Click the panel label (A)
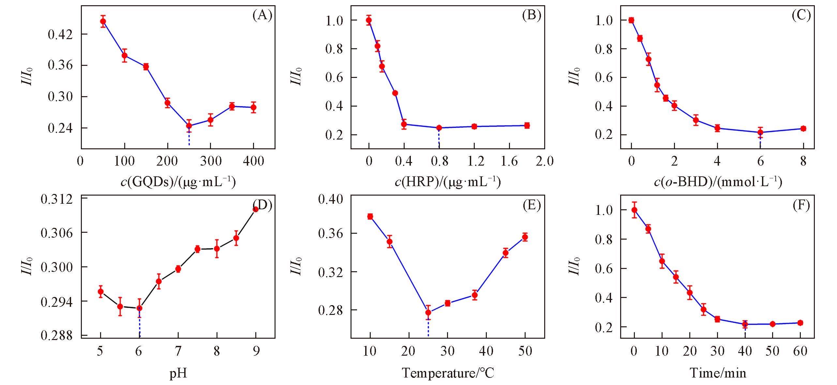point(262,15)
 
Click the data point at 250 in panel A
point(189,126)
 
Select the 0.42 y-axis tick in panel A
point(61,34)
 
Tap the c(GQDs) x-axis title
point(178,182)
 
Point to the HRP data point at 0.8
point(439,128)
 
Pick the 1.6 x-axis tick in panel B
point(509,161)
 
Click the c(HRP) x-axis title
point(448,182)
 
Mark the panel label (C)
point(801,15)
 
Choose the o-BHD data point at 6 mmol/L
point(760,132)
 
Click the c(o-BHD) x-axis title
point(718,182)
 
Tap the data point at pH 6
point(140,308)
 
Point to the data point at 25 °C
point(428,313)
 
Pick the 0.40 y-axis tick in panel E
point(331,199)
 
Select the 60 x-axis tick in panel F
point(800,351)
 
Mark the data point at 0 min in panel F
point(634,210)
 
